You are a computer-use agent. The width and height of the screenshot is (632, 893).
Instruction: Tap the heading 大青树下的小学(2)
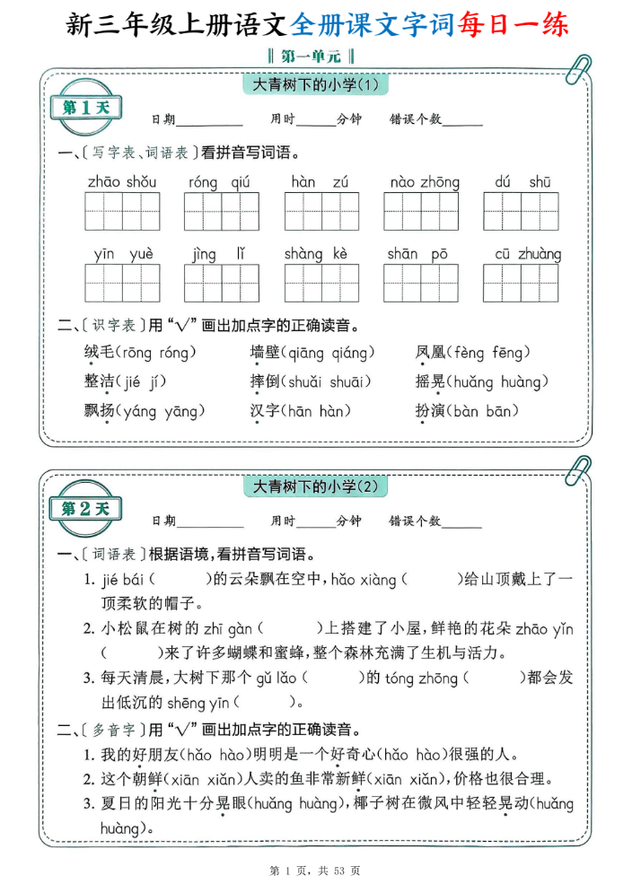tap(317, 487)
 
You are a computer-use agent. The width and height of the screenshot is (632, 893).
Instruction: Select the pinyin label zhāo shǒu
tap(122, 182)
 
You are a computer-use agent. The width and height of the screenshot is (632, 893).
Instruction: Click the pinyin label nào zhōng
tap(425, 182)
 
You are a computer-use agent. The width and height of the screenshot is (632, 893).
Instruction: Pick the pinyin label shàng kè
tap(315, 254)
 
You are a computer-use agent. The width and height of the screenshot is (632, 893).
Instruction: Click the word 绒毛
tap(100, 353)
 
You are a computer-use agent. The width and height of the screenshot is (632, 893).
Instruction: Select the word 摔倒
tap(265, 382)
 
